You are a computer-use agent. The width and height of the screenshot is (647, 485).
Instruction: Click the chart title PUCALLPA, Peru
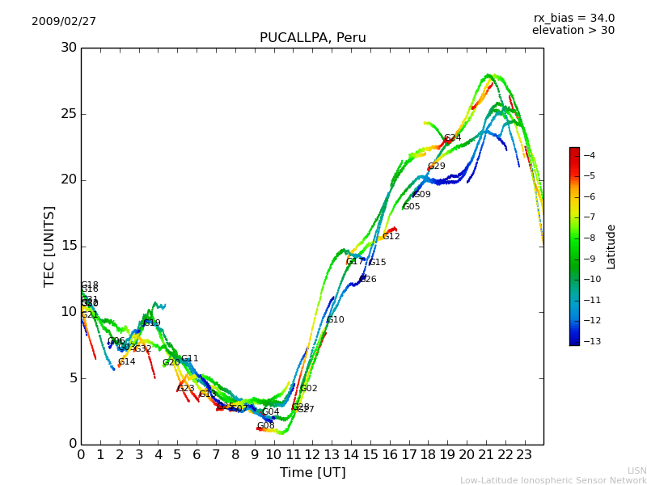click(312, 38)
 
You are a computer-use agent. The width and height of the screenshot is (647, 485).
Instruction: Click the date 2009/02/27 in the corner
click(64, 22)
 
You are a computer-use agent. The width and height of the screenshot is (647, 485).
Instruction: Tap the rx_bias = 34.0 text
click(573, 19)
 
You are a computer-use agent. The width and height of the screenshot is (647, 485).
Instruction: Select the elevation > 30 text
click(573, 31)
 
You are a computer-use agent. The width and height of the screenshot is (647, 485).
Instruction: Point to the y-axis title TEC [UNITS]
click(49, 246)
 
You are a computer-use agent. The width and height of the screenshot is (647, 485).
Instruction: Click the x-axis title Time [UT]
click(312, 472)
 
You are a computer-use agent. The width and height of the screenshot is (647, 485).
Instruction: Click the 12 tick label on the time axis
click(312, 454)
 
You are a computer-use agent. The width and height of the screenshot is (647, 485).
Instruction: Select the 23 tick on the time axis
click(524, 454)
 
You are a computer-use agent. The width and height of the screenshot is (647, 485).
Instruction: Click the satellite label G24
click(452, 138)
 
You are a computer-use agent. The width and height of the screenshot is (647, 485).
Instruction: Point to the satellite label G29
click(436, 167)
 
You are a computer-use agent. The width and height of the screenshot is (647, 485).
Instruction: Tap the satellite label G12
click(391, 237)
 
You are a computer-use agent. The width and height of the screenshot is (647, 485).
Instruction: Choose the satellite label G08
click(265, 426)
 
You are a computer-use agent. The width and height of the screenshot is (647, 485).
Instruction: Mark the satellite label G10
click(335, 320)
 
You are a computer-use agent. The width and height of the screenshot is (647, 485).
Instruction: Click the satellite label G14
click(126, 362)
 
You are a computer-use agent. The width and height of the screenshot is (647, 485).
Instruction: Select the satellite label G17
click(355, 262)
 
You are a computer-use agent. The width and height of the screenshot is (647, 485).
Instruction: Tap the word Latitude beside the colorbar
click(611, 246)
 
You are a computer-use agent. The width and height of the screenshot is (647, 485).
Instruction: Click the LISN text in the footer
click(636, 470)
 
